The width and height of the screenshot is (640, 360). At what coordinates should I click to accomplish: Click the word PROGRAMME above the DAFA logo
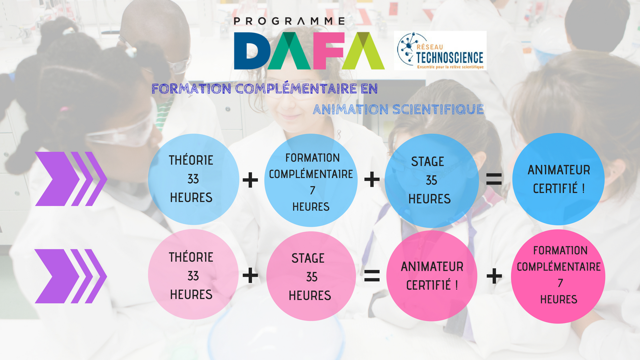click(x=289, y=21)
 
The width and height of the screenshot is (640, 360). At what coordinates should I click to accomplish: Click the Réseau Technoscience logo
click(x=440, y=51)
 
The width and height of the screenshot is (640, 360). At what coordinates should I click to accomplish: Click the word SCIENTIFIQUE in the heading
click(x=438, y=109)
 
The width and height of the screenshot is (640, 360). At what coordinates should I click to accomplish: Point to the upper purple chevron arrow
click(x=71, y=179)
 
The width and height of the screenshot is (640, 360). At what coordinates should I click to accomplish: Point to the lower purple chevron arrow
click(x=71, y=276)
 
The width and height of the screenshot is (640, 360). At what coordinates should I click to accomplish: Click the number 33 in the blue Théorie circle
click(x=193, y=179)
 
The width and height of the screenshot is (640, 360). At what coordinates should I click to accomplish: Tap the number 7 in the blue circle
click(x=312, y=190)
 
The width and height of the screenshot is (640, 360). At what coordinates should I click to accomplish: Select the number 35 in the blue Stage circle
click(x=431, y=180)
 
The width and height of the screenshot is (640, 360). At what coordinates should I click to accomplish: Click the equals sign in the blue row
click(x=494, y=179)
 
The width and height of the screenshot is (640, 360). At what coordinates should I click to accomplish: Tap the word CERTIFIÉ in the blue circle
click(x=555, y=188)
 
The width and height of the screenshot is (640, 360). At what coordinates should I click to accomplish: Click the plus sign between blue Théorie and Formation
click(x=250, y=180)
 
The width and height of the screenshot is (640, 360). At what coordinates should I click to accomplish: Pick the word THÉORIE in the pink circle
click(x=191, y=257)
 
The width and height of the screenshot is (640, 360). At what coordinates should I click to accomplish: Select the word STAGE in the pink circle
click(x=308, y=258)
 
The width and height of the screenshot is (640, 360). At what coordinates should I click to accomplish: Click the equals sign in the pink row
click(x=372, y=276)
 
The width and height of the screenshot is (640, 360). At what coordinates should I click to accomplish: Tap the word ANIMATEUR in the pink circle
click(x=432, y=267)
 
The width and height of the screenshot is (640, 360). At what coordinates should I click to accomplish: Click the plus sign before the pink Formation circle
click(x=494, y=276)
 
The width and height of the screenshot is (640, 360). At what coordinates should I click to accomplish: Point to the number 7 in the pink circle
click(x=560, y=283)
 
